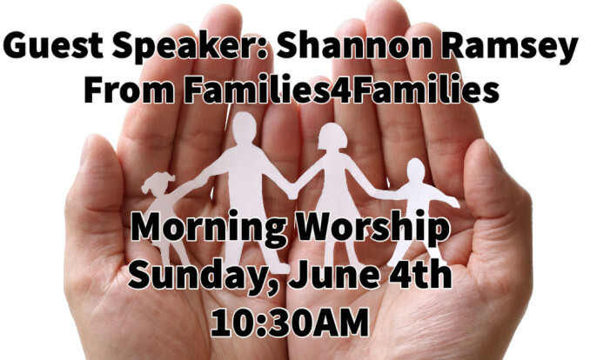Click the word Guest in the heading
pyautogui.click(x=53, y=45)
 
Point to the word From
pyautogui.click(x=130, y=90)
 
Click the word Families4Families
pyautogui.click(x=342, y=90)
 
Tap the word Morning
pyautogui.click(x=209, y=230)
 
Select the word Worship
pyautogui.click(x=372, y=230)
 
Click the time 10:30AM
pyautogui.click(x=290, y=322)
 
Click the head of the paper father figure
pyautogui.click(x=244, y=128)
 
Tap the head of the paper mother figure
pyautogui.click(x=332, y=137)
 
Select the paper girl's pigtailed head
pyautogui.click(x=158, y=183)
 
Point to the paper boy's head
pyautogui.click(x=415, y=170)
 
